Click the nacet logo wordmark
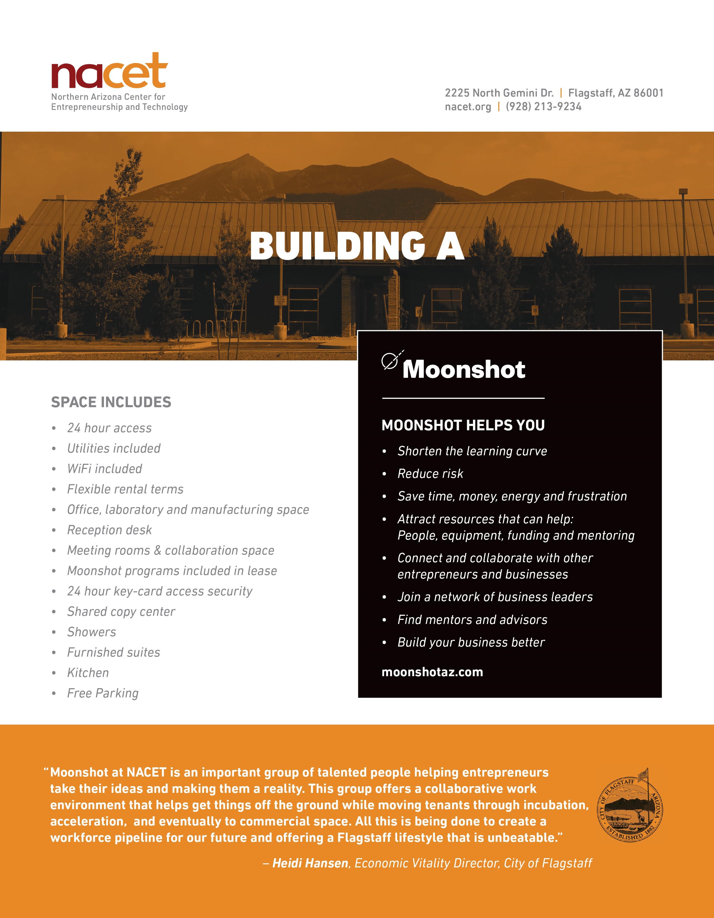[x=109, y=72]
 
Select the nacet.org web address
[x=468, y=107]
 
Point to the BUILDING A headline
[x=357, y=246]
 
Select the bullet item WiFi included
[x=105, y=469]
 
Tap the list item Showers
[x=92, y=632]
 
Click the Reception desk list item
[x=109, y=530]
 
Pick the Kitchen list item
[x=88, y=673]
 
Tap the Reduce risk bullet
[x=430, y=474]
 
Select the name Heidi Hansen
[x=310, y=863]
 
